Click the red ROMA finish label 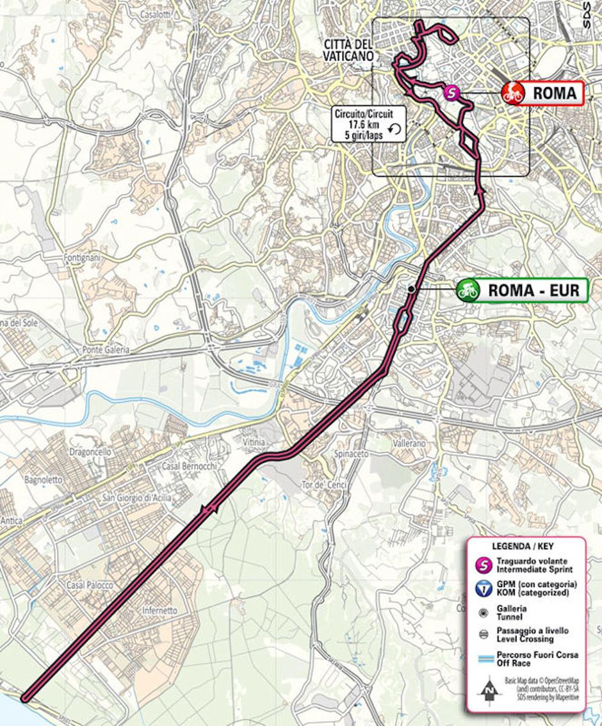(554, 93)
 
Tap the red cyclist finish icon (513, 93)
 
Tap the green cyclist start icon (468, 290)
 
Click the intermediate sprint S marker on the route (452, 93)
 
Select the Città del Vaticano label (348, 50)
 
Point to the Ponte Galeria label (106, 350)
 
